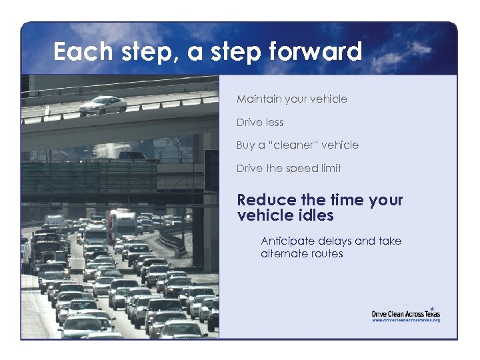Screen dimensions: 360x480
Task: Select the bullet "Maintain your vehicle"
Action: coord(291,99)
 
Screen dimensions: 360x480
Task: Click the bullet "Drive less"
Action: coord(260,123)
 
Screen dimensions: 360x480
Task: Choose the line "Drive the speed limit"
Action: coord(289,169)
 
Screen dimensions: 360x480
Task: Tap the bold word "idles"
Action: coord(313,215)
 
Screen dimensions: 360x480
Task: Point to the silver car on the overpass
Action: coord(103,104)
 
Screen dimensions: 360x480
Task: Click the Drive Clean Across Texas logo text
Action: coord(405,313)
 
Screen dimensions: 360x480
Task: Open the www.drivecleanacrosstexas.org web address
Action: coord(405,321)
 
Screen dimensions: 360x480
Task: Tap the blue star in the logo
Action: coord(431,307)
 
